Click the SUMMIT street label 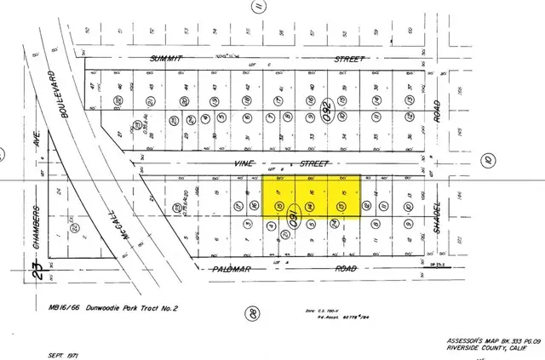pyautogui.click(x=168, y=59)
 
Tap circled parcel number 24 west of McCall pyautogui.click(x=75, y=227)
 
